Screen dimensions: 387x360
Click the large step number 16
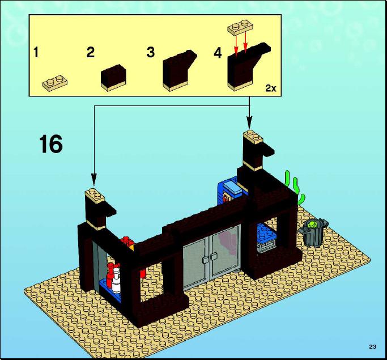pyautogui.click(x=51, y=144)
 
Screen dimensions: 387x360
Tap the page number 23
pyautogui.click(x=372, y=346)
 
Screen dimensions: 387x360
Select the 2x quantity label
pyautogui.click(x=271, y=88)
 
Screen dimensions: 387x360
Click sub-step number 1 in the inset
pyautogui.click(x=36, y=52)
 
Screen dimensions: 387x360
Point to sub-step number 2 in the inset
pyautogui.click(x=90, y=52)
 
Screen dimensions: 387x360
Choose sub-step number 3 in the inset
pyautogui.click(x=151, y=52)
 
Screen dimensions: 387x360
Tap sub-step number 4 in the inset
pyautogui.click(x=218, y=53)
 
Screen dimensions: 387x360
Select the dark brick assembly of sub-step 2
pyautogui.click(x=113, y=78)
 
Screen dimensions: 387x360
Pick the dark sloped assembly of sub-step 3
pyautogui.click(x=179, y=70)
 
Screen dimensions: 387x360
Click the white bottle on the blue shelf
pyautogui.click(x=116, y=281)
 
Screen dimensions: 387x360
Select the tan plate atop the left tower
pyautogui.click(x=95, y=196)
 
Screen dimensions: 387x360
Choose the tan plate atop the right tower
pyautogui.click(x=253, y=137)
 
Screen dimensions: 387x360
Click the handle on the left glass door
pyautogui.click(x=205, y=260)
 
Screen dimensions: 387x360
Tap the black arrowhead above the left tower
pyautogui.click(x=94, y=179)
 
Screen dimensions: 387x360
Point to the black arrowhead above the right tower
pyautogui.click(x=249, y=123)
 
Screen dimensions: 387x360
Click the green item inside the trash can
pyautogui.click(x=311, y=224)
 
